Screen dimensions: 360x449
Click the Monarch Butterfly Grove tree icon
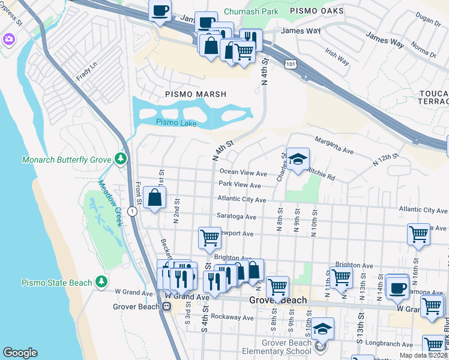point(121,158)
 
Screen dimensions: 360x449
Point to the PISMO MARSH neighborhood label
point(196,94)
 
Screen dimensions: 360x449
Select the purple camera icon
point(8,39)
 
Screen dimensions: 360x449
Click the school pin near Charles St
point(297,159)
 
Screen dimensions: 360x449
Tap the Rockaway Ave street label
point(237,316)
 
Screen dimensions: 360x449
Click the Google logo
point(20,353)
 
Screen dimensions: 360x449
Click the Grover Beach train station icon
point(166,306)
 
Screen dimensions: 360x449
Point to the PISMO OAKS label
point(316,11)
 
